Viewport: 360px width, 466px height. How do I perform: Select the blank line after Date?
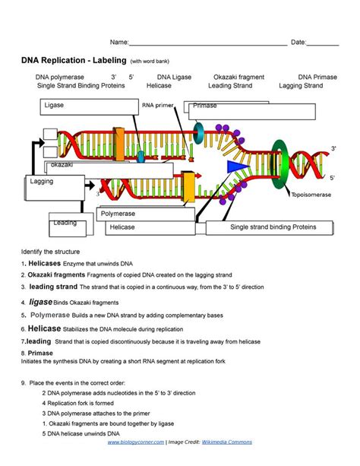[x=323, y=44]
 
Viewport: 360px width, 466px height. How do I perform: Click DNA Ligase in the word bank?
[x=174, y=77]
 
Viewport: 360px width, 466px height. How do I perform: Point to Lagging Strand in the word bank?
[x=301, y=86]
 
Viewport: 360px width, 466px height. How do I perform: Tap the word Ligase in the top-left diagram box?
[x=55, y=105]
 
